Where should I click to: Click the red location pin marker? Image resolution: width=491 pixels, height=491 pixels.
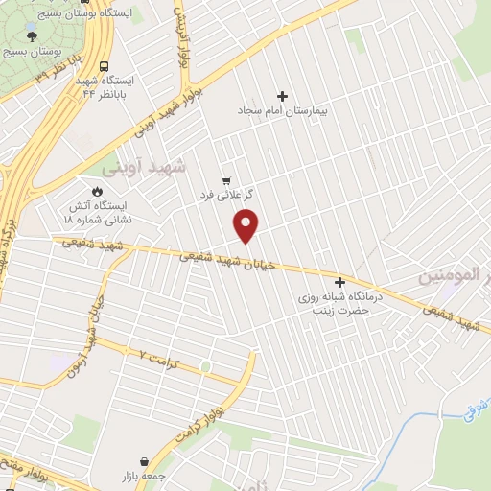[247, 226]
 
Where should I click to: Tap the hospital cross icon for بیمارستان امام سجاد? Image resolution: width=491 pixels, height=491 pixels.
[282, 96]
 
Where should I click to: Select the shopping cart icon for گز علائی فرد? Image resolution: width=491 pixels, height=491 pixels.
[226, 179]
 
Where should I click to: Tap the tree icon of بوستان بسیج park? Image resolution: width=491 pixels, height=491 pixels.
[34, 35]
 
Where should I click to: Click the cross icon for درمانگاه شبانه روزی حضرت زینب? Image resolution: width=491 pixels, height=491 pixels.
[339, 282]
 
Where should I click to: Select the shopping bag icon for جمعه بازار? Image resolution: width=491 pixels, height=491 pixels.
[144, 461]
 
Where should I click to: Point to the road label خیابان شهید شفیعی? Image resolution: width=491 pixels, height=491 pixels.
[231, 261]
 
